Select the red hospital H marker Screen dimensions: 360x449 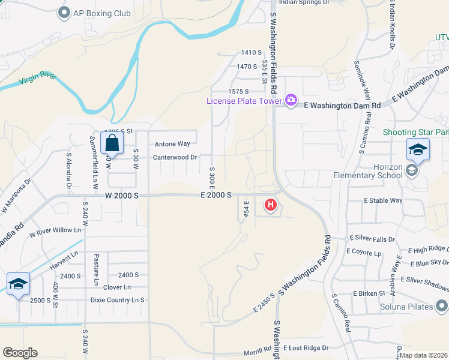click(271, 206)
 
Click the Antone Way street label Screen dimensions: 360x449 click(172, 144)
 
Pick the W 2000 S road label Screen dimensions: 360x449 click(122, 196)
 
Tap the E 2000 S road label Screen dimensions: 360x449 click(217, 196)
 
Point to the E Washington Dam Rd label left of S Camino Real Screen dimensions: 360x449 click(342, 105)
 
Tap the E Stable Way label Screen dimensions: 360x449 click(383, 200)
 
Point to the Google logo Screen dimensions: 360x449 click(20, 353)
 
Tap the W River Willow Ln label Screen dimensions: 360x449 click(55, 230)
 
